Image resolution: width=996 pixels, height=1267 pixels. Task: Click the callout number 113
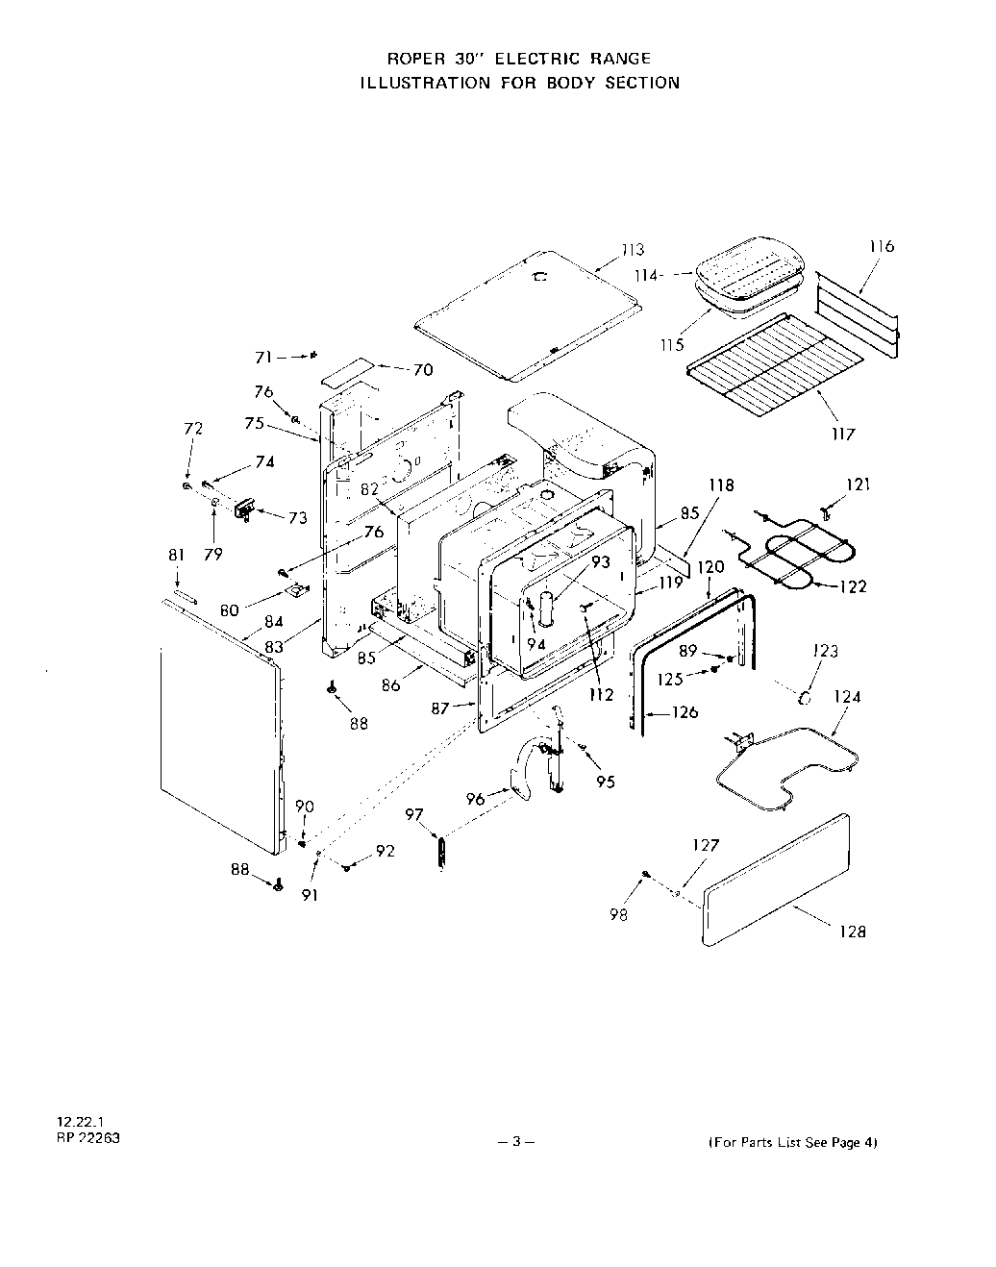[632, 251]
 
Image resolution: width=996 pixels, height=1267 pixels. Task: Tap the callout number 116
[881, 246]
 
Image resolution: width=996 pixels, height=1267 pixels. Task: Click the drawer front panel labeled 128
[777, 877]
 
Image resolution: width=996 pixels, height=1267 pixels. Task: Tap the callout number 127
[706, 846]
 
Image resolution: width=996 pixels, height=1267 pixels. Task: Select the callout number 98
[618, 915]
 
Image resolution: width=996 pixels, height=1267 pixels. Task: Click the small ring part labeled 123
[806, 693]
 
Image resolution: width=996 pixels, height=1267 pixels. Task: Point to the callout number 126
[685, 712]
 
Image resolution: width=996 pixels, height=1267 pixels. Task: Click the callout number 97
[414, 815]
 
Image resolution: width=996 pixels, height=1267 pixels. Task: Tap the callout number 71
[262, 357]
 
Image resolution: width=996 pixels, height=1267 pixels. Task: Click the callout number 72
[193, 429]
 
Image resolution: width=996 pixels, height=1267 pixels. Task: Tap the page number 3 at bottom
[516, 1142]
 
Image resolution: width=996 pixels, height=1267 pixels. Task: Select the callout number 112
[601, 695]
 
